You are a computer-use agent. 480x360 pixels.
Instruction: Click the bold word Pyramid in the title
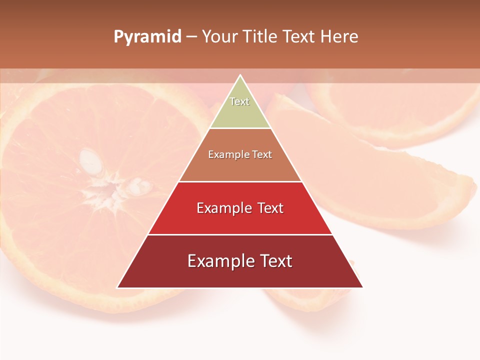[147, 37]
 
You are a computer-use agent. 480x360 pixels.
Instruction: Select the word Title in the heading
[263, 37]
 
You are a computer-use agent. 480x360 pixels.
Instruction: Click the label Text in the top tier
[239, 101]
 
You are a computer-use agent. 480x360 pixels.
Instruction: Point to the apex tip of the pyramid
[240, 75]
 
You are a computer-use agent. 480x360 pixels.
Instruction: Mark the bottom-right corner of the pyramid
[362, 287]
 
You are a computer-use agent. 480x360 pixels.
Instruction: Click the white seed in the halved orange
[89, 159]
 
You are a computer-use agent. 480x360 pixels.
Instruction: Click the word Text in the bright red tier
[267, 208]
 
